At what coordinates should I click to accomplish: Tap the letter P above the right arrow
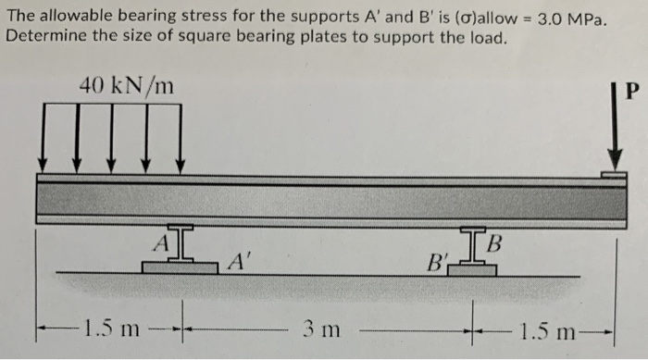coord(632,92)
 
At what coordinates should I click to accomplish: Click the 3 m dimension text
coord(321,329)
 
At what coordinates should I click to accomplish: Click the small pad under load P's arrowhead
coord(612,173)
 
